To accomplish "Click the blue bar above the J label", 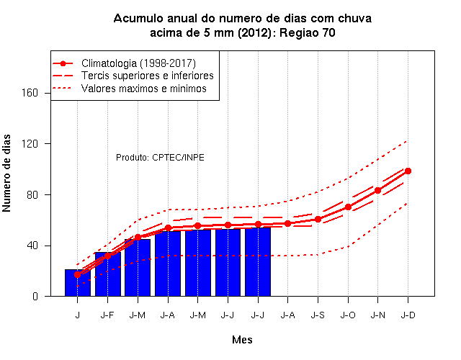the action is tap(78, 283).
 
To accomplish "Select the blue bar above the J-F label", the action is tap(107, 274).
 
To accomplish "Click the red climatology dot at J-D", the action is tap(408, 171).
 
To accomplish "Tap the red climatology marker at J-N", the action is tap(377, 190).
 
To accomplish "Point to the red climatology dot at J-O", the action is tap(348, 207).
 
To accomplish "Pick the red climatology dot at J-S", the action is tap(318, 219).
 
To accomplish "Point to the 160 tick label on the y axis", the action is tap(30, 93).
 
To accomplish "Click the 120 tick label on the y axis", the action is tap(30, 144).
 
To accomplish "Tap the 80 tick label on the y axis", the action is tap(32, 194).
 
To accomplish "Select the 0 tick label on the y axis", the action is tap(35, 296).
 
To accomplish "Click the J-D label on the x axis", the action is tap(408, 315).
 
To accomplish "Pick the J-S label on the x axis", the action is tap(318, 315).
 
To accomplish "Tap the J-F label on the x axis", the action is tap(107, 315).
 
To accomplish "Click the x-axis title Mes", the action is tap(242, 340).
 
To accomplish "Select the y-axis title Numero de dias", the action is tap(6, 173).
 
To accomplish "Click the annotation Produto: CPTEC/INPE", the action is tap(160, 158).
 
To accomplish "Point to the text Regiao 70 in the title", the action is tap(308, 32).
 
